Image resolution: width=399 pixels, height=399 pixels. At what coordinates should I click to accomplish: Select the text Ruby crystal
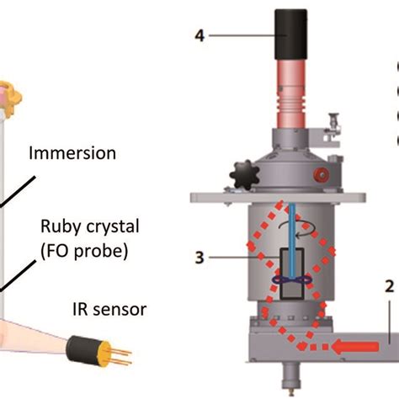click(80, 228)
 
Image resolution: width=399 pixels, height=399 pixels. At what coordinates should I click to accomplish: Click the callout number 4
click(199, 35)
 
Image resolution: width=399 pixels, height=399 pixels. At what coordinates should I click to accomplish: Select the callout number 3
click(199, 261)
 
